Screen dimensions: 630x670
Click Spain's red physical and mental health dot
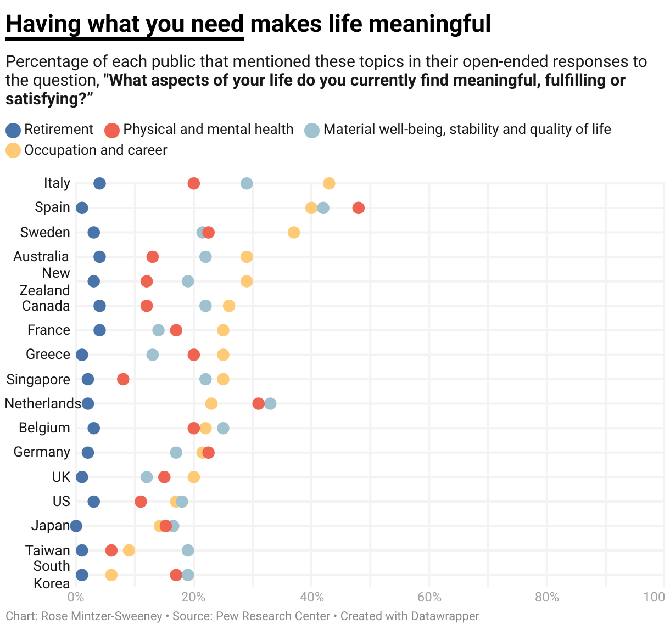[359, 208]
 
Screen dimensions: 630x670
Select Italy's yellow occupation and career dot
[329, 183]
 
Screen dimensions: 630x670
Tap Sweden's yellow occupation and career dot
[294, 232]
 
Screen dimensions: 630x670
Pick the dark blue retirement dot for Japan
[76, 526]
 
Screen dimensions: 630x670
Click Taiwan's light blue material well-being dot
[188, 550]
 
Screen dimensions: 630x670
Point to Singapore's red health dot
[123, 379]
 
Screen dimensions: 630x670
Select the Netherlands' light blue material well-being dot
[270, 404]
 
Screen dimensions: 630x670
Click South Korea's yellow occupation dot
[111, 575]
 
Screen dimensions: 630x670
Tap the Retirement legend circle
[13, 130]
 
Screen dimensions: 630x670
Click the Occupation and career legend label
[96, 150]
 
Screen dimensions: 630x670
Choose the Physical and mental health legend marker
[112, 130]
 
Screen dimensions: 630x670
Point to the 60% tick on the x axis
[429, 597]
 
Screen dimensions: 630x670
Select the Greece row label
[48, 355]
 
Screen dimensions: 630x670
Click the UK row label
[61, 477]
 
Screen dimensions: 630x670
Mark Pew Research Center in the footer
[273, 616]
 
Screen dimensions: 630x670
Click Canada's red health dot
[147, 306]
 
